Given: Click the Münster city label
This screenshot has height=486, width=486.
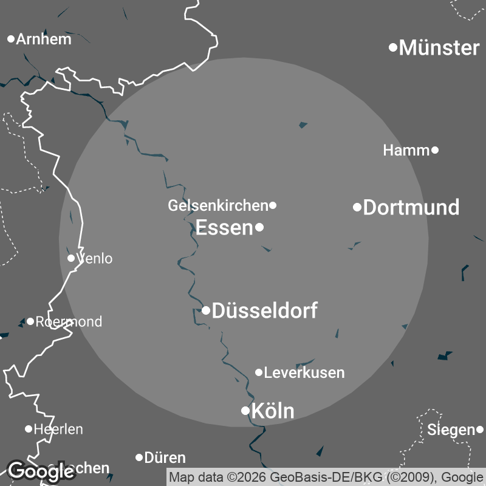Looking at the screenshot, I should (439, 47).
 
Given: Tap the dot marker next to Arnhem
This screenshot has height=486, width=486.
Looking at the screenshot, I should (11, 39).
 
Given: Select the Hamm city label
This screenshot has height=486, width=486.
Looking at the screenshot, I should (406, 150).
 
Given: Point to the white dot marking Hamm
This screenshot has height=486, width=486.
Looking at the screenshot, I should (435, 150).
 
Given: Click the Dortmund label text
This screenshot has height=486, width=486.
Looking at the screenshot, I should (411, 208).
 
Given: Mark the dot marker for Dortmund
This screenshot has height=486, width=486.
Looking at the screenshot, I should (357, 207).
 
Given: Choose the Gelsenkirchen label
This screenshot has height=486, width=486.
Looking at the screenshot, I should (217, 206).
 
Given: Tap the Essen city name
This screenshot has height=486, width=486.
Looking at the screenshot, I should (224, 228).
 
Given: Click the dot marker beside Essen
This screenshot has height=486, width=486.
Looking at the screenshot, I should (259, 228).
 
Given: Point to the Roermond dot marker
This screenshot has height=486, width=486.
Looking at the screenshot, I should (30, 321).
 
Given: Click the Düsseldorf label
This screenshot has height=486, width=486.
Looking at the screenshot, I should (264, 311).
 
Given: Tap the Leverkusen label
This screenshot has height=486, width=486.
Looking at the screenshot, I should (304, 372).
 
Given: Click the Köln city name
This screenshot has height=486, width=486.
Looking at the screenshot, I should (273, 411).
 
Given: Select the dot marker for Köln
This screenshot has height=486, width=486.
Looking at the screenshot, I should (245, 411).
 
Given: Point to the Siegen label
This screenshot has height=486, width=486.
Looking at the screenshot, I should (450, 430).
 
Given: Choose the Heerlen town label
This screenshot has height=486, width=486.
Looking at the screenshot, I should (58, 429).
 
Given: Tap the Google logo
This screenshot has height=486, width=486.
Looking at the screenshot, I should (41, 471).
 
